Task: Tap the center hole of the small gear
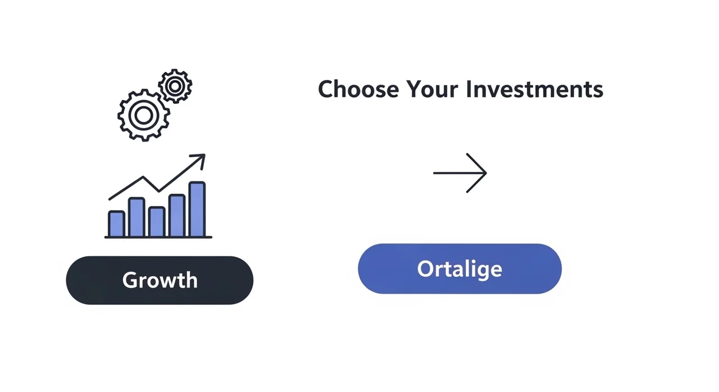pos(175,86)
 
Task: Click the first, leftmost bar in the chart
pos(116,224)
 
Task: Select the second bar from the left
pos(136,217)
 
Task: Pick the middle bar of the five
pos(157,222)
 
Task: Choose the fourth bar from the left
pos(177,216)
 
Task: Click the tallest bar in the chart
pos(197,209)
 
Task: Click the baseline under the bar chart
pos(158,238)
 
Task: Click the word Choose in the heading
pos(358,89)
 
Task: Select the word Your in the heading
pos(433,89)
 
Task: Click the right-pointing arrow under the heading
pos(460,173)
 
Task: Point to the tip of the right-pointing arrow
pos(486,173)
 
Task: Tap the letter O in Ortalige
pos(426,269)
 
